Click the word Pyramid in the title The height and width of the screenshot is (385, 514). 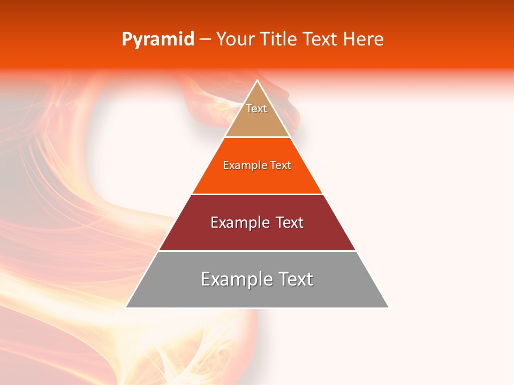tap(157, 40)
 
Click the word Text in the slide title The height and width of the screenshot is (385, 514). tap(320, 40)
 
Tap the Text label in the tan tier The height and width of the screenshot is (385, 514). tap(256, 109)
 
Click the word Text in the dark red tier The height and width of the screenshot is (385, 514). tap(290, 222)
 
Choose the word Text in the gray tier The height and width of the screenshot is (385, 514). tap(295, 279)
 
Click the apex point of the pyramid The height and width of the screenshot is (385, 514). tap(257, 81)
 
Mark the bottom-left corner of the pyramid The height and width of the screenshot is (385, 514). tap(126, 307)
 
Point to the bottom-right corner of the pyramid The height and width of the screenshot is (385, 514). tap(388, 307)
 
